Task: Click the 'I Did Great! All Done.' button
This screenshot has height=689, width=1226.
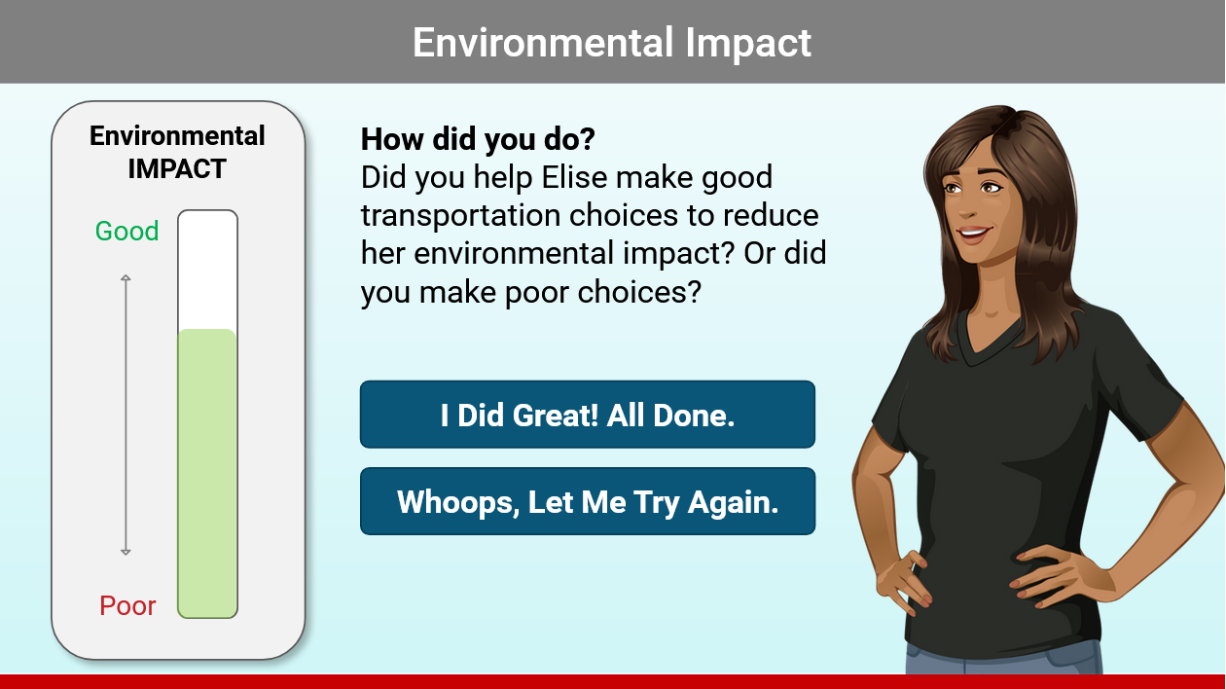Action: point(588,415)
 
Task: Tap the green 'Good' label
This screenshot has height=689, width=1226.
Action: point(126,231)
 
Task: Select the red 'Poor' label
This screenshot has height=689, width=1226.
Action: point(127,606)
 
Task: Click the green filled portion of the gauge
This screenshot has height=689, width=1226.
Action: point(207,473)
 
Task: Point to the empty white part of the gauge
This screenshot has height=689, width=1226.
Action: point(207,270)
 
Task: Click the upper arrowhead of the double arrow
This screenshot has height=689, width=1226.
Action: point(126,278)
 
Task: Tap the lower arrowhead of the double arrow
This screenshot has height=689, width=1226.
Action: point(126,552)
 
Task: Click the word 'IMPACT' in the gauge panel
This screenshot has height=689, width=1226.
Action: point(177,168)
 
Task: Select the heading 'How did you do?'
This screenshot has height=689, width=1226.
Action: point(477,139)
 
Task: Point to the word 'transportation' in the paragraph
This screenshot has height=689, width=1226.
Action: point(460,215)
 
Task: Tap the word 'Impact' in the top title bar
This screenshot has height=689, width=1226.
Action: point(747,43)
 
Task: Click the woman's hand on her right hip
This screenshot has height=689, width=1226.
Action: point(902,581)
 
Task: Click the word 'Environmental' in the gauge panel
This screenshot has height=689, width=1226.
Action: point(177,135)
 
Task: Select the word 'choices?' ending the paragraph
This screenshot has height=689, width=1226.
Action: point(638,292)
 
